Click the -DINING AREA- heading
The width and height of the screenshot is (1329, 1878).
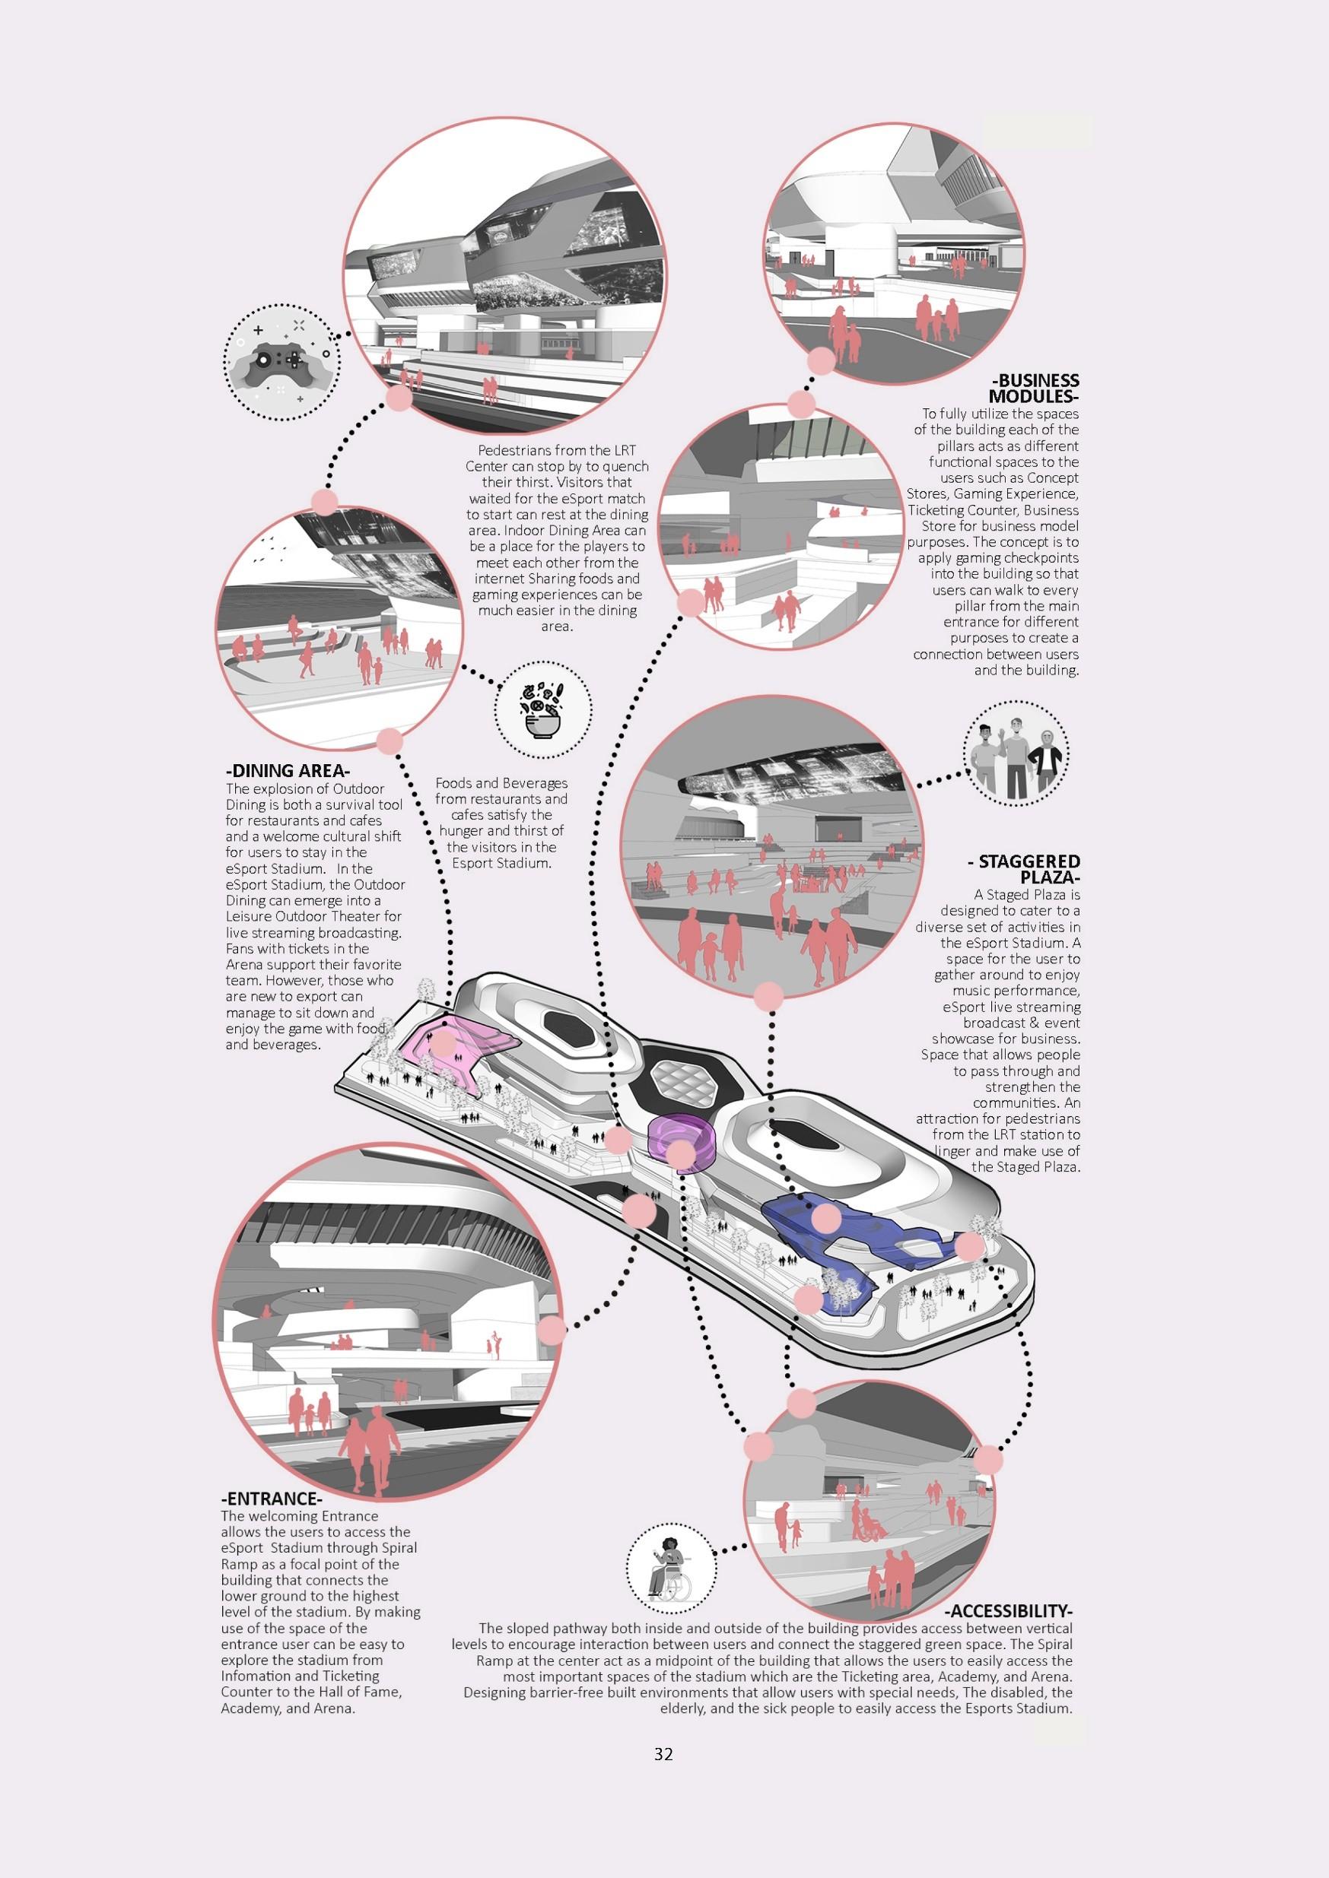click(288, 770)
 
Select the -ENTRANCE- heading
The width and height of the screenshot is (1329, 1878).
click(271, 1499)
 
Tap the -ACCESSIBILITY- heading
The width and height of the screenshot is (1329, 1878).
click(1008, 1610)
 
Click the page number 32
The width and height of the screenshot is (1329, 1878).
click(663, 1753)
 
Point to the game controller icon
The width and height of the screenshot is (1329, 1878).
click(281, 363)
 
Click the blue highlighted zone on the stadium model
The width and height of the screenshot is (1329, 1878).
click(851, 1227)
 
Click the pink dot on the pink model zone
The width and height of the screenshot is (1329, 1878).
click(444, 1044)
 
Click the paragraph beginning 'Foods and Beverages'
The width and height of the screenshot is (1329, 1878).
click(501, 823)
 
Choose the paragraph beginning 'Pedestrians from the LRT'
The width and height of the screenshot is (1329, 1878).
click(557, 538)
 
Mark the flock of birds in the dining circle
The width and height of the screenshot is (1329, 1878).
click(270, 551)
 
